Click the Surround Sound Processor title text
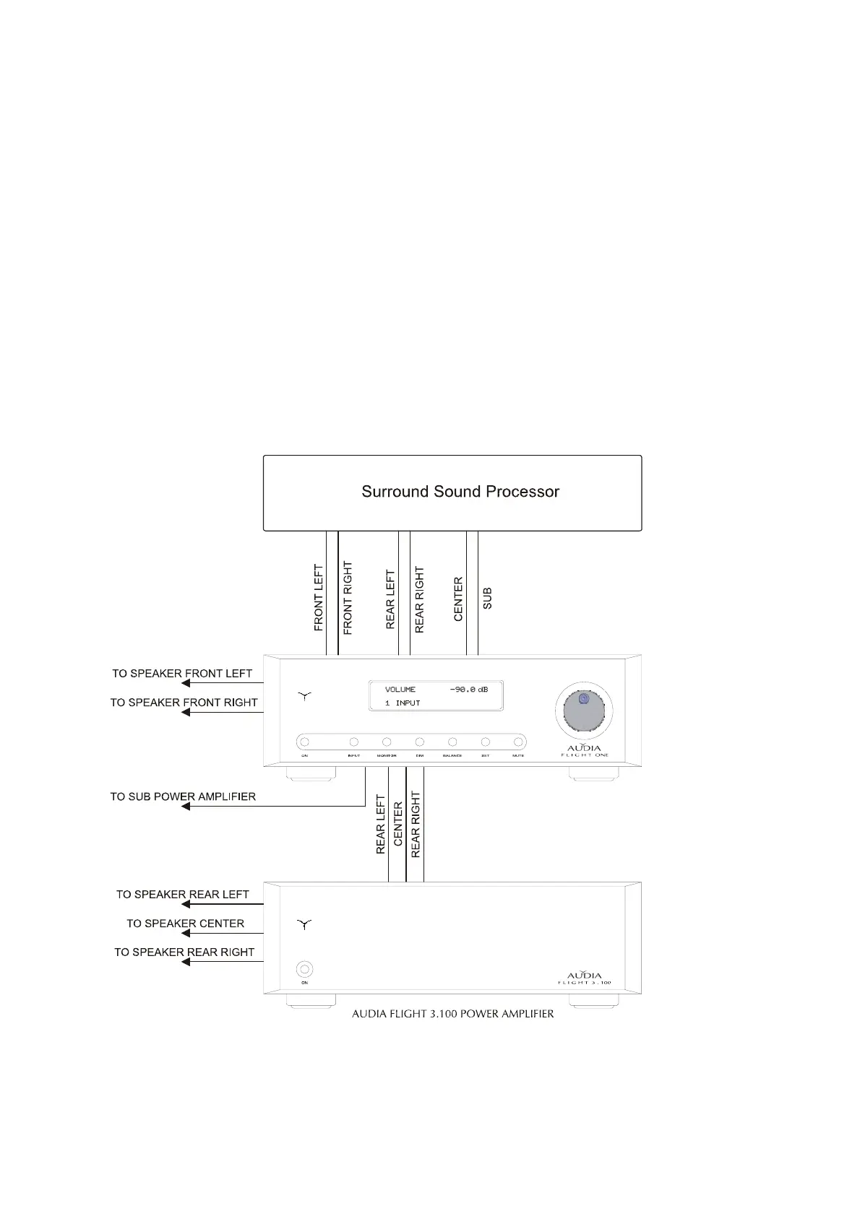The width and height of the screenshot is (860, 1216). click(460, 492)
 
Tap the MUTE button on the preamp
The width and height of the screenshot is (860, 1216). click(517, 742)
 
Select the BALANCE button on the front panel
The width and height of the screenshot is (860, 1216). click(452, 742)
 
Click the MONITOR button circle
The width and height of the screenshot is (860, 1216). click(387, 742)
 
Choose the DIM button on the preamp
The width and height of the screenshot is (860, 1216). click(419, 742)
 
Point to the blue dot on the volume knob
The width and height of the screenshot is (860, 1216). click(584, 699)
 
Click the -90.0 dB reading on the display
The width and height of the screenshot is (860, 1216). click(468, 690)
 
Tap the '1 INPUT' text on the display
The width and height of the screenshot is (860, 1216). click(403, 703)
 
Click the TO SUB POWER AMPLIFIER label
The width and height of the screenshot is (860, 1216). click(183, 796)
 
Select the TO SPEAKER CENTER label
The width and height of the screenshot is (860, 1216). click(185, 924)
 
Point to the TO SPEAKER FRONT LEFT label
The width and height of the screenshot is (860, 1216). click(182, 674)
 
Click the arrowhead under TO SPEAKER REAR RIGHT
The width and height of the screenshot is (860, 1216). click(186, 962)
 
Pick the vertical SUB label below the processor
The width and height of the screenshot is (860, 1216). click(487, 598)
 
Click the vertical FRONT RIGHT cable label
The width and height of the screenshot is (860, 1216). click(348, 598)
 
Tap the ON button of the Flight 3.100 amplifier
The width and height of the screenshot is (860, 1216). click(304, 968)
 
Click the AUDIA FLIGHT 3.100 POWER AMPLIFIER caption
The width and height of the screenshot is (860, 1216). click(452, 1014)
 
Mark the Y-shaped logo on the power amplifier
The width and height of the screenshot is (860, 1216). click(304, 924)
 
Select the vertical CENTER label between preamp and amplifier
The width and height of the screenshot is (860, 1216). click(397, 824)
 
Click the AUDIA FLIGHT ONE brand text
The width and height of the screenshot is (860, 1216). click(585, 750)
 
